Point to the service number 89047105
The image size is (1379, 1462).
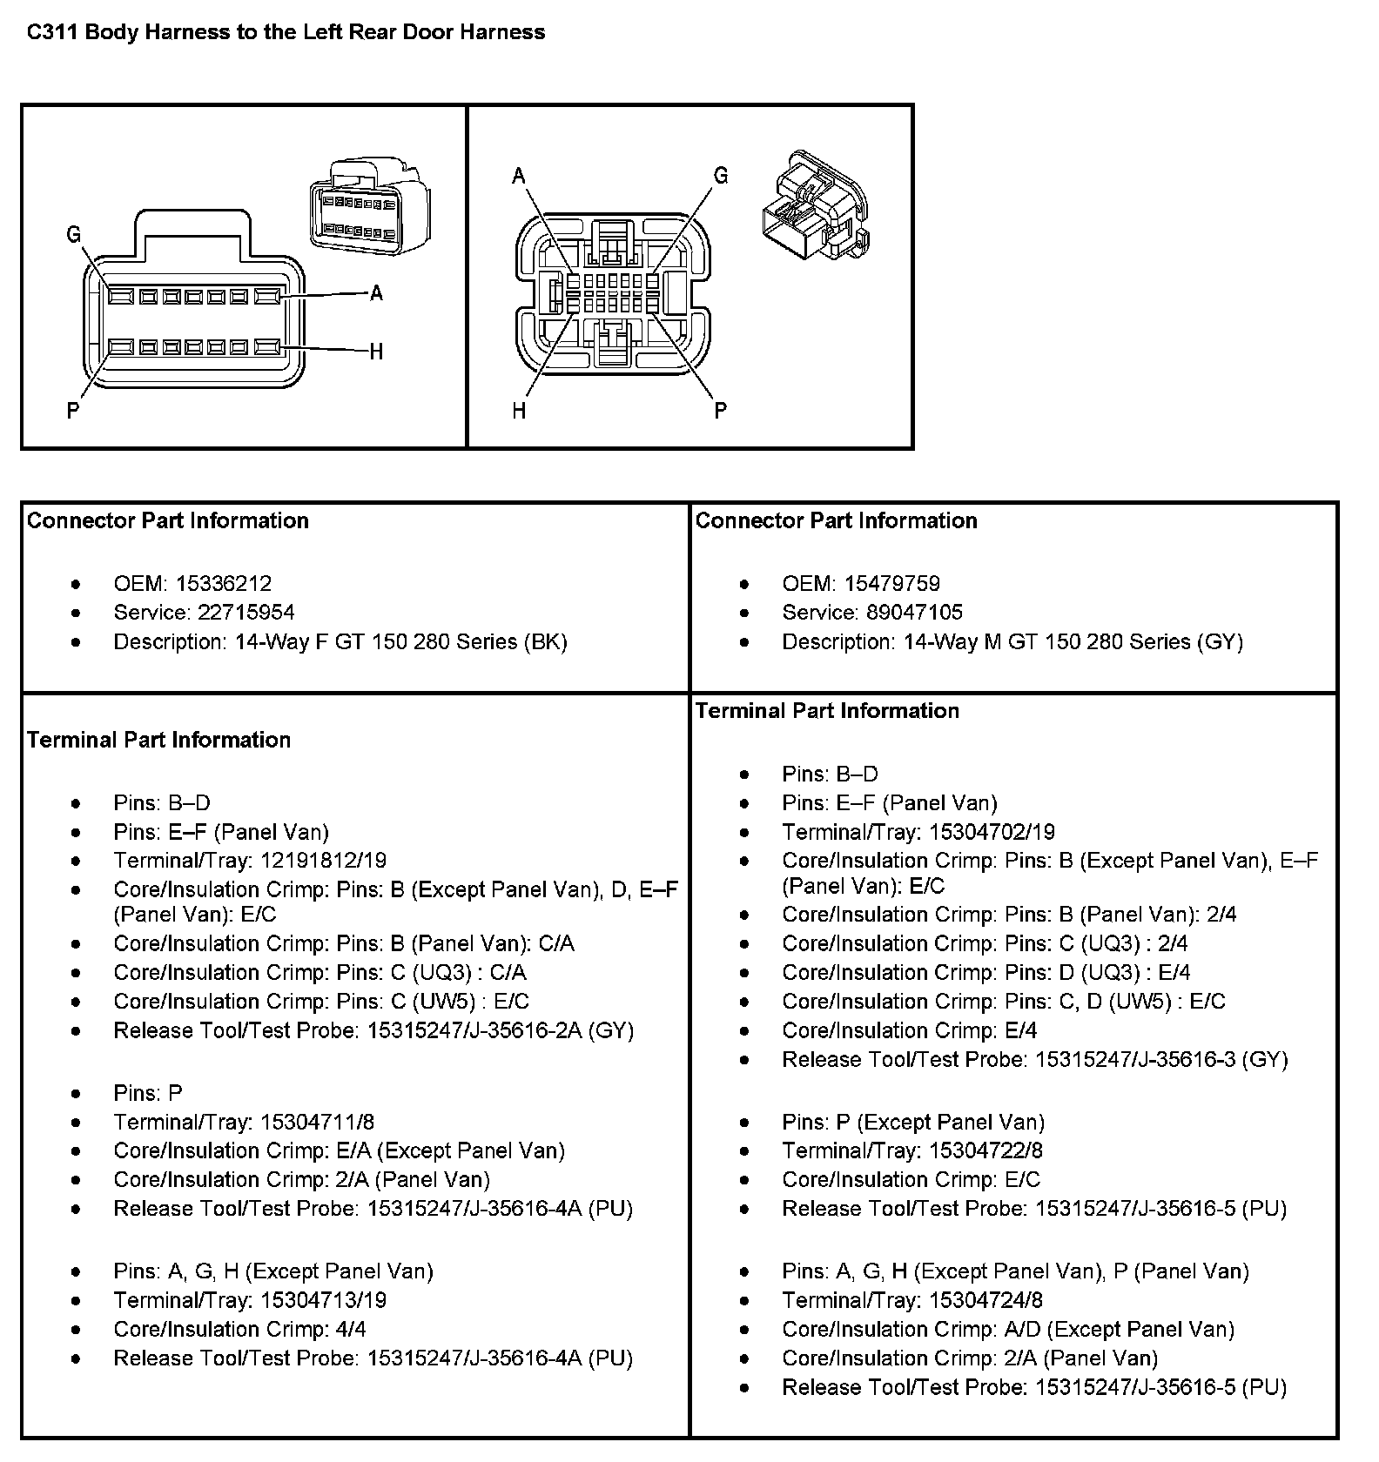(914, 612)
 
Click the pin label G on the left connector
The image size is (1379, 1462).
(73, 234)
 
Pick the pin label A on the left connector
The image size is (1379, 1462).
(376, 294)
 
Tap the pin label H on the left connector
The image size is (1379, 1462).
(376, 352)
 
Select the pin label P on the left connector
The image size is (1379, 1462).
(73, 410)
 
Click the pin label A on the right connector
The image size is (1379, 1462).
(519, 177)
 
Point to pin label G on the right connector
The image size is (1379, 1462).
(721, 176)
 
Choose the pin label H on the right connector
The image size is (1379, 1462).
(519, 410)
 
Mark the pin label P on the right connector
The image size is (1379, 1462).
(721, 410)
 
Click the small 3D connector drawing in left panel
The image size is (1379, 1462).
(370, 206)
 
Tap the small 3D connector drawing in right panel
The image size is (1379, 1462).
(814, 207)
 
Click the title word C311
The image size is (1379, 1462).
(51, 32)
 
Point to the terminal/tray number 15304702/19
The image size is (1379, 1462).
(992, 832)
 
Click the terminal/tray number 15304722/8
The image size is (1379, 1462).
(985, 1150)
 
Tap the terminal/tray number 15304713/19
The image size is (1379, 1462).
(324, 1300)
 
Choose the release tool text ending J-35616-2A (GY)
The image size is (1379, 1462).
(501, 1030)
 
